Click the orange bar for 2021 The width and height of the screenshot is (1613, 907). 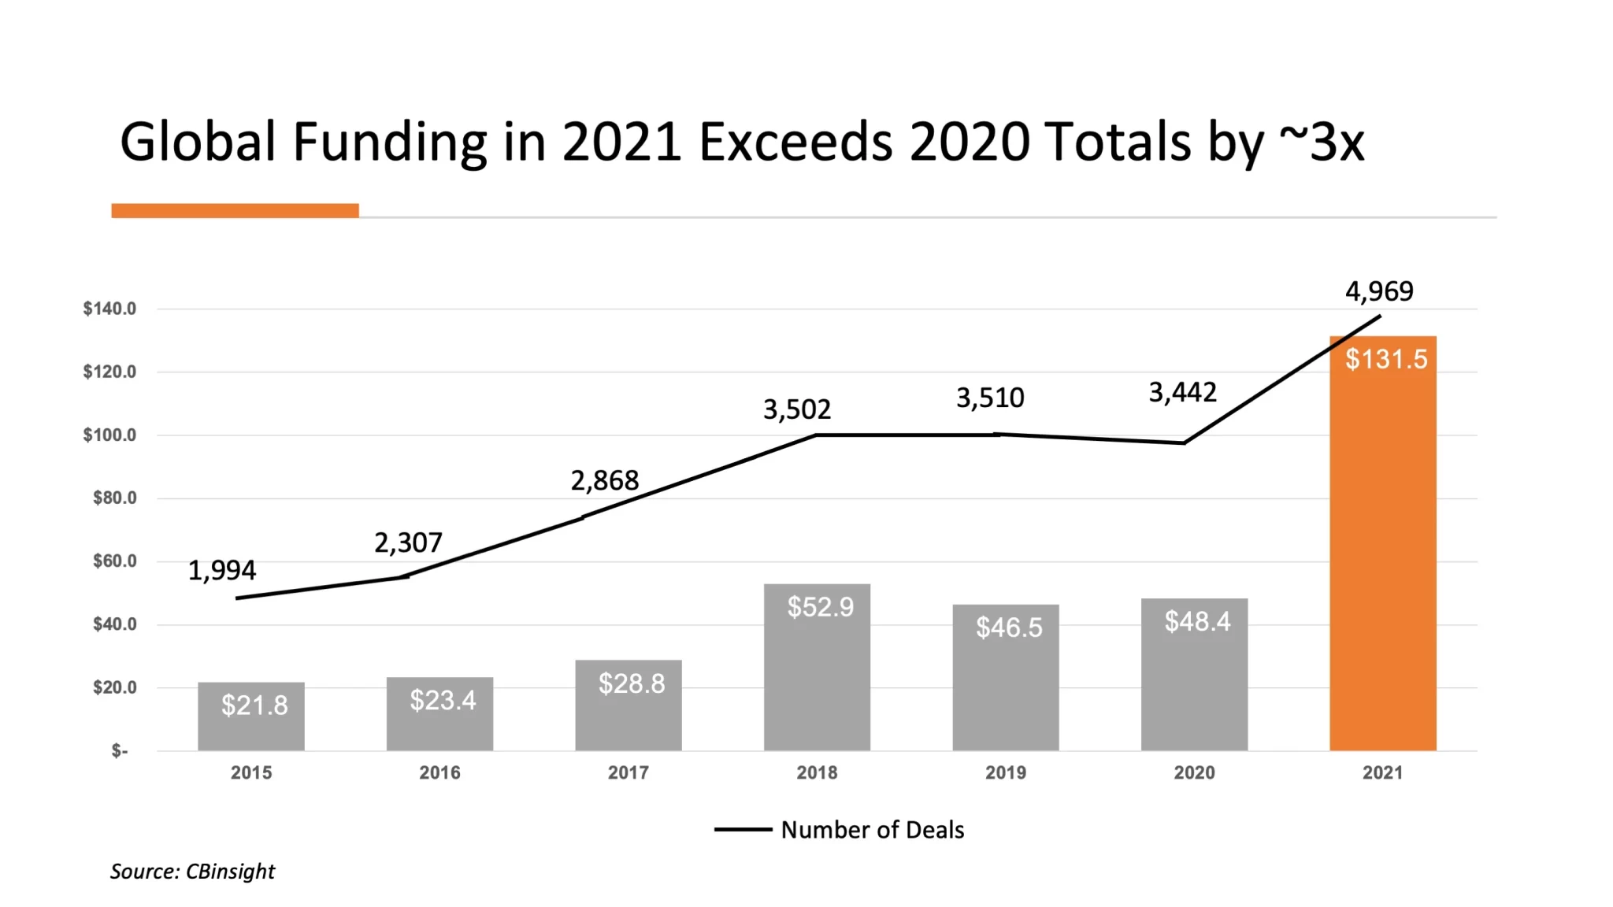(1382, 551)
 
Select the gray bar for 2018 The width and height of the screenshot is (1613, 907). (817, 677)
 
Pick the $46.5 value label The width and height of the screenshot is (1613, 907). (1009, 627)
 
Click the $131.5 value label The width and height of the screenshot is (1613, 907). (1386, 359)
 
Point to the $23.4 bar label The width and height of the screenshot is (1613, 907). (443, 700)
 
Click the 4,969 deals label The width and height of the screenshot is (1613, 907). (1379, 291)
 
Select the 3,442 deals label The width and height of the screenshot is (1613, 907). (1182, 392)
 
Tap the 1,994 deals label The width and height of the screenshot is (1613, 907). (221, 570)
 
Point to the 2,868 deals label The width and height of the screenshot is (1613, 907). (604, 480)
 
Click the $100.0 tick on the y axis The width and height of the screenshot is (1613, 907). (109, 435)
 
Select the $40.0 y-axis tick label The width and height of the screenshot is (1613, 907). (114, 624)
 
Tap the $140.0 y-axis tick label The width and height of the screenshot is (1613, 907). (109, 309)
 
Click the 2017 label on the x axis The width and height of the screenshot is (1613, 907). (628, 772)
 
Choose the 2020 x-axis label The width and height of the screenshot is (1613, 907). (1194, 772)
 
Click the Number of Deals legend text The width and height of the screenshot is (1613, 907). (872, 830)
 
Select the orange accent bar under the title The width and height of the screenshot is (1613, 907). (235, 210)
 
